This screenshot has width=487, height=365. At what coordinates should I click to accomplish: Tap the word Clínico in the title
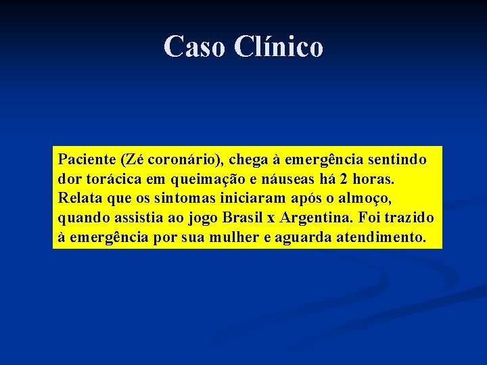pyautogui.click(x=279, y=47)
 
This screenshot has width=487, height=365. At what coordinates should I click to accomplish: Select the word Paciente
pyautogui.click(x=86, y=160)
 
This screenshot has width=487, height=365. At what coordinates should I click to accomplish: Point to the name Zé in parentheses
pyautogui.click(x=133, y=160)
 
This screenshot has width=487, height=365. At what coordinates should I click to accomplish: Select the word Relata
pyautogui.click(x=78, y=199)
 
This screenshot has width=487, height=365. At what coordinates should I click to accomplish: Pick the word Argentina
pyautogui.click(x=317, y=219)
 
